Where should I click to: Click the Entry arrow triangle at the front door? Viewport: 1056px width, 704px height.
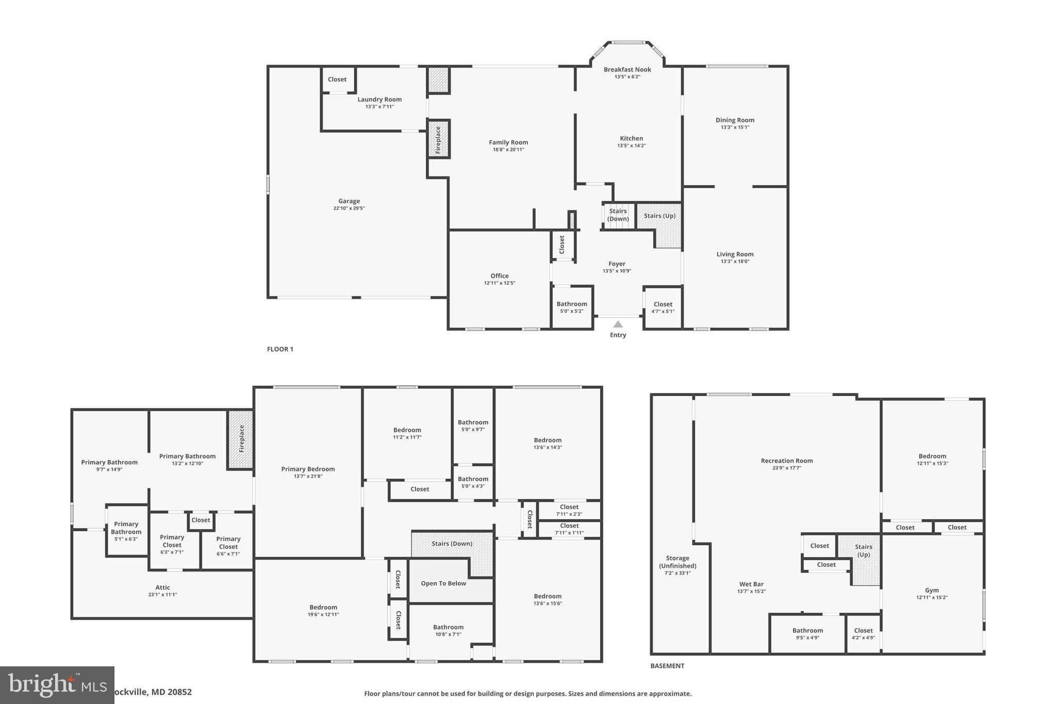tap(618, 324)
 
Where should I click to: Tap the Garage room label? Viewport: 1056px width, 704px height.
tap(349, 201)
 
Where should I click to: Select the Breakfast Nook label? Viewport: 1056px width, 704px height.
tap(627, 70)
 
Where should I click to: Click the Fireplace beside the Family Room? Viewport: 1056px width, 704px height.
tap(438, 139)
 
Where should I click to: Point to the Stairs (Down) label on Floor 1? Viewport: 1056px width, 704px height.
tap(618, 215)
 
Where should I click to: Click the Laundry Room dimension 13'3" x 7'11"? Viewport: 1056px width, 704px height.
tap(379, 107)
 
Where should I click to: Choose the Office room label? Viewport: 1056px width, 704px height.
tap(499, 276)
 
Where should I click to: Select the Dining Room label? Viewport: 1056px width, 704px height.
tap(735, 120)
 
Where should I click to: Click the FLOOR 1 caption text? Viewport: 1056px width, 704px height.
tap(280, 349)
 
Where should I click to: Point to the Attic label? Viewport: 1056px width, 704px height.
tap(162, 587)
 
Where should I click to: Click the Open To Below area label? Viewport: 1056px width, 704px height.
tap(443, 583)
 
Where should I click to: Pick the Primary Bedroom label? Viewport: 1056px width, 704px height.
tap(308, 469)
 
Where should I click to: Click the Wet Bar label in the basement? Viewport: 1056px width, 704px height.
tap(751, 584)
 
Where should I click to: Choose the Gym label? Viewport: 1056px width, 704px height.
tap(932, 591)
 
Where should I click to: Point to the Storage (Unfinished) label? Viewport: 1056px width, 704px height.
tap(678, 562)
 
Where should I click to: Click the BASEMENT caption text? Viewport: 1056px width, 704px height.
tap(667, 666)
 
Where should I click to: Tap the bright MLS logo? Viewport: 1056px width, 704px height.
tap(57, 685)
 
